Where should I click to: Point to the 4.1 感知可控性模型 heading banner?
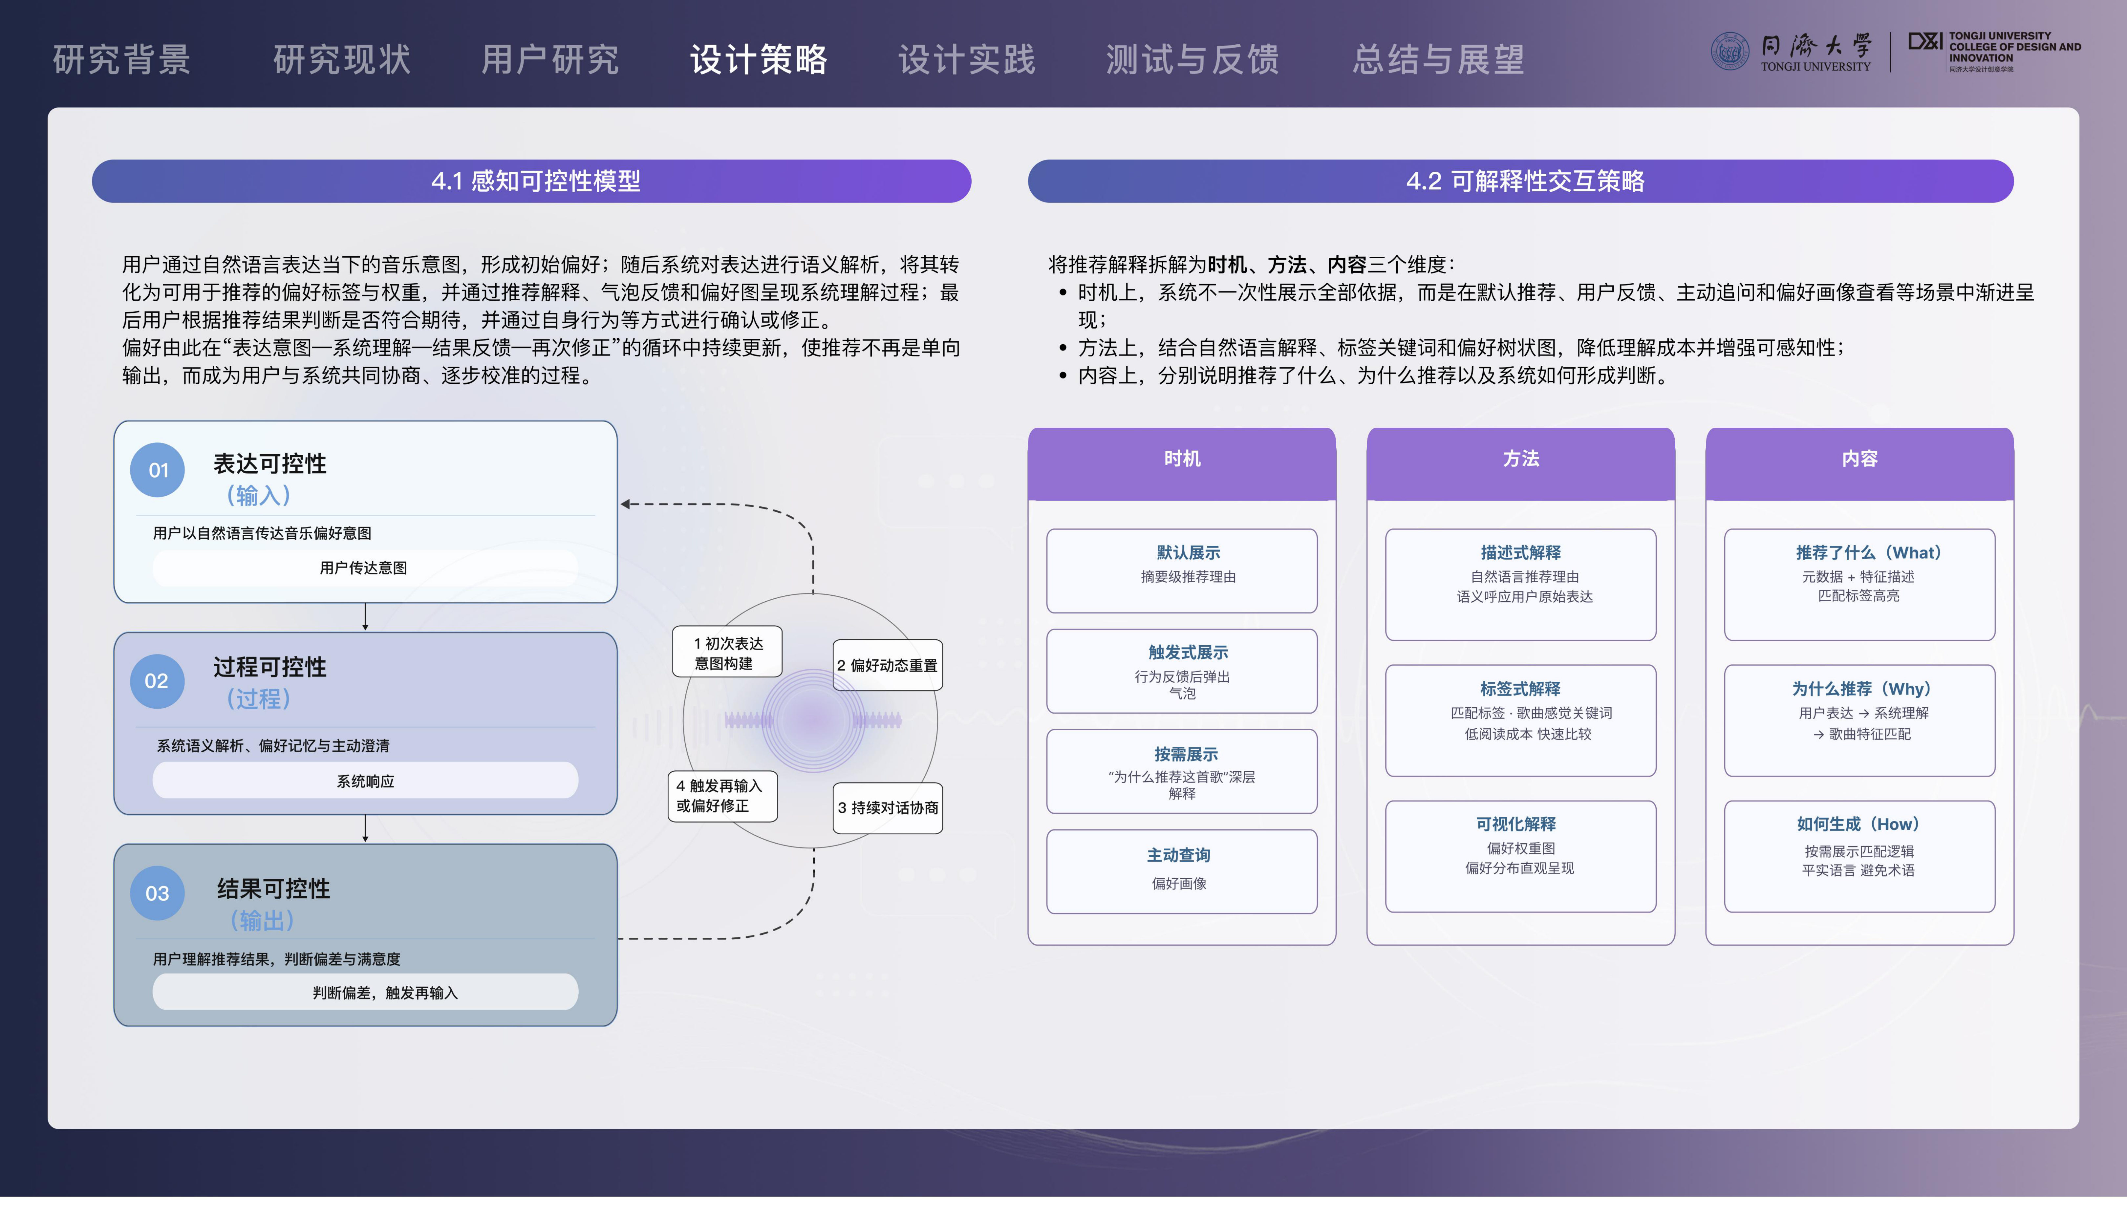[x=531, y=181]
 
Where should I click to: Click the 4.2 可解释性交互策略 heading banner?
[x=1521, y=181]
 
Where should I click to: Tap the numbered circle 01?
[x=158, y=470]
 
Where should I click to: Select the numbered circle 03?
[x=158, y=893]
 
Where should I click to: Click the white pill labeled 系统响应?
[x=366, y=781]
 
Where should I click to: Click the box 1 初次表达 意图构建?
[x=727, y=652]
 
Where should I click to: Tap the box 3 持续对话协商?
[x=888, y=807]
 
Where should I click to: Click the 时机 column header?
[x=1182, y=464]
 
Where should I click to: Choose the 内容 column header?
[x=1859, y=464]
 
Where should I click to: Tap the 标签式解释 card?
[x=1521, y=720]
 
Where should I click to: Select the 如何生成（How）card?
[x=1859, y=856]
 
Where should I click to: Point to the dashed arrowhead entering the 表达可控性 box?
[x=625, y=504]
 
